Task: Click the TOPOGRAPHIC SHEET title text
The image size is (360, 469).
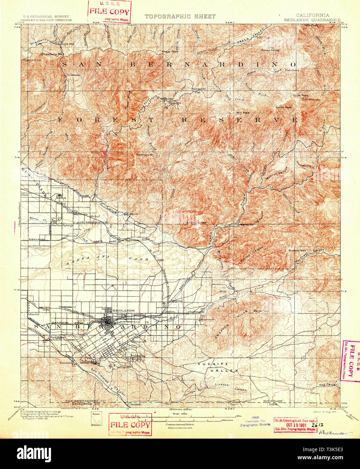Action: (x=180, y=16)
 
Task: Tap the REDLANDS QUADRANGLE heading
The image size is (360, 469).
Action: (x=312, y=20)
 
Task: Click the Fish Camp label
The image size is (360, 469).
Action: (x=292, y=70)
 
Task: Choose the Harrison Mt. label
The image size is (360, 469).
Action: (x=145, y=155)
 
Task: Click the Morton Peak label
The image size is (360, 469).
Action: (x=297, y=250)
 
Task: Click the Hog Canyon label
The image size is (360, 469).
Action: (x=328, y=385)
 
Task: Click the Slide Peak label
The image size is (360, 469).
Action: (x=300, y=95)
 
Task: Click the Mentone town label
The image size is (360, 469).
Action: (x=176, y=301)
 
